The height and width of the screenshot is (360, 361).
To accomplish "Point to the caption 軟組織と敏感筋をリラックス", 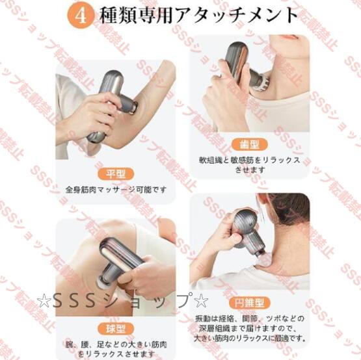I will point(249,159).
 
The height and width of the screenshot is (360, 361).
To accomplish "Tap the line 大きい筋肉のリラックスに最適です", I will point(249,338).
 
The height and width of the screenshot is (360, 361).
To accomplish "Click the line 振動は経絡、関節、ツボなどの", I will point(249,316).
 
